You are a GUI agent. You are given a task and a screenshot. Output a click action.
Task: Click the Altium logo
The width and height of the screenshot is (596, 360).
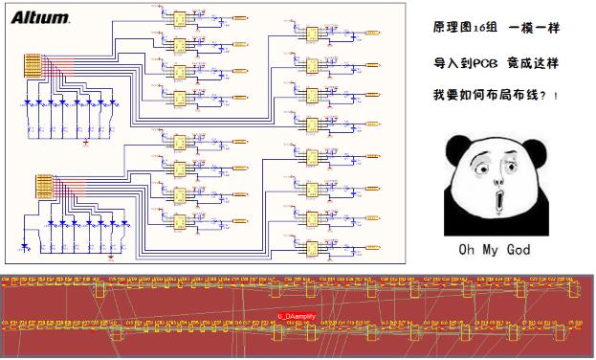click(40, 17)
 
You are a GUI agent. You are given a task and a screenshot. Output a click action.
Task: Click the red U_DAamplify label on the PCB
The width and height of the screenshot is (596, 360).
click(297, 315)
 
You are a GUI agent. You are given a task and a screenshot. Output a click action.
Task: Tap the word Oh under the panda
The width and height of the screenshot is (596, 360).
click(466, 250)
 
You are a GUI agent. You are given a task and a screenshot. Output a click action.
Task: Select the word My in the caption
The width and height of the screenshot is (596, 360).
click(490, 250)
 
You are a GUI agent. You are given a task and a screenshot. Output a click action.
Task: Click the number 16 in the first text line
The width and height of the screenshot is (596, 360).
click(477, 30)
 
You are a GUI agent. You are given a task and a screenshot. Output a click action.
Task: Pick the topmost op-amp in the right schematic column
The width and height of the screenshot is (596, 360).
click(312, 33)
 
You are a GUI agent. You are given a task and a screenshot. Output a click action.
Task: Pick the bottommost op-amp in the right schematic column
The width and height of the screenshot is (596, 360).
click(312, 247)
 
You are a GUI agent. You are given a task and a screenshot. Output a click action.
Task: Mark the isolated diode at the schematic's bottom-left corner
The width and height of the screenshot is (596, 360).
click(26, 246)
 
